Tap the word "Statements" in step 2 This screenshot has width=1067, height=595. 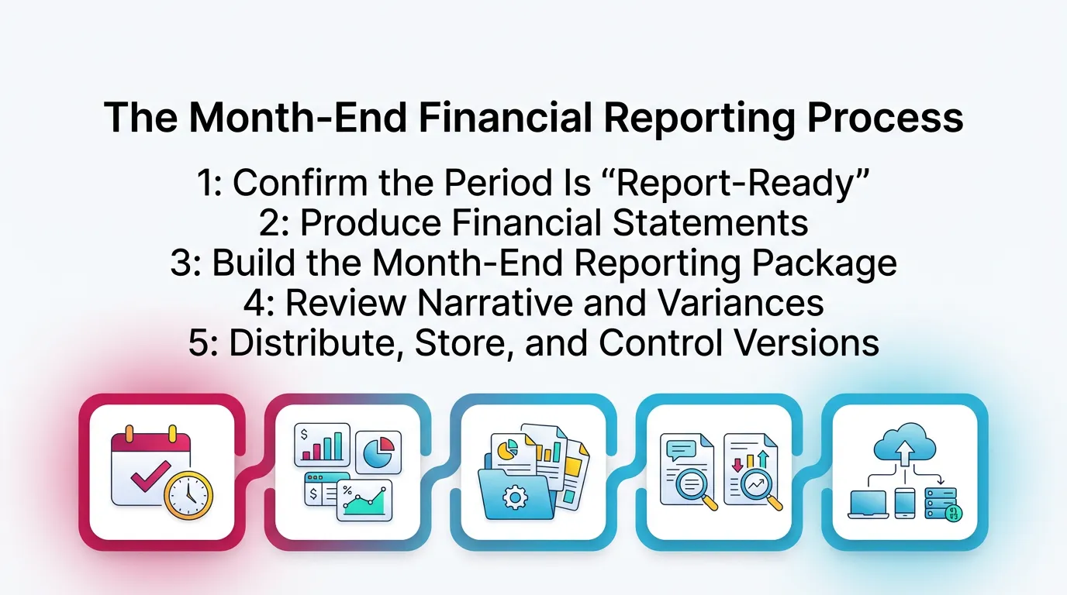point(711,223)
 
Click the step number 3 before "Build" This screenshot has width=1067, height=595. point(181,263)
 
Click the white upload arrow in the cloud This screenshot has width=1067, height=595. point(904,452)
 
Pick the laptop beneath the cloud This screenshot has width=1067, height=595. point(867,504)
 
